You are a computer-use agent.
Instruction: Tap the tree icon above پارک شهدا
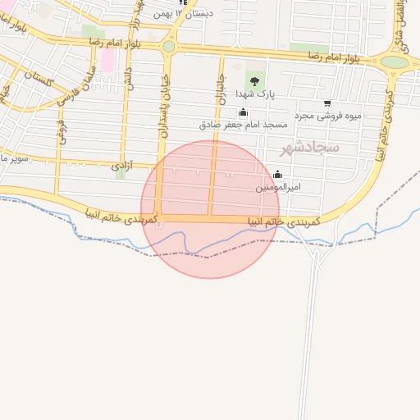pyautogui.click(x=254, y=80)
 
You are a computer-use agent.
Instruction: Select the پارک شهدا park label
pyautogui.click(x=254, y=94)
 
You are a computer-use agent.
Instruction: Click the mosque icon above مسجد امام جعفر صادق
pyautogui.click(x=242, y=112)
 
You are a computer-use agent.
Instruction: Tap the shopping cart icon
pyautogui.click(x=328, y=103)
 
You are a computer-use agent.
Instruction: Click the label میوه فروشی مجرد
pyautogui.click(x=353, y=116)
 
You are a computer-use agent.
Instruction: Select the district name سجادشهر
pyautogui.click(x=309, y=148)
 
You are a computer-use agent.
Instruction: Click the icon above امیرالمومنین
pyautogui.click(x=277, y=174)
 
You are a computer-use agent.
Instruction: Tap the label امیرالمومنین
pyautogui.click(x=278, y=187)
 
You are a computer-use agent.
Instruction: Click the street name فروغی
pyautogui.click(x=61, y=131)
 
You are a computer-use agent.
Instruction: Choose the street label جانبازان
pyautogui.click(x=220, y=86)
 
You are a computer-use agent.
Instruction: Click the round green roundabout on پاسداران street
pyautogui.click(x=169, y=47)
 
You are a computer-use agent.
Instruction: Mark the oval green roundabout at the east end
pyautogui.click(x=395, y=62)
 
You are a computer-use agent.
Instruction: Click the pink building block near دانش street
pyautogui.click(x=107, y=60)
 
